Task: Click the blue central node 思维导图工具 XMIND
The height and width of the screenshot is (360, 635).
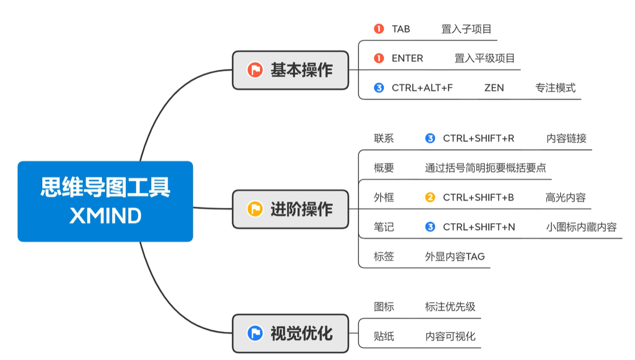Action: point(105,201)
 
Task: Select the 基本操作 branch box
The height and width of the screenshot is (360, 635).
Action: point(290,70)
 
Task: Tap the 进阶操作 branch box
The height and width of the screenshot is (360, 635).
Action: point(290,209)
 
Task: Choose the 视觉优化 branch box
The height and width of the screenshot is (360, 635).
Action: point(290,334)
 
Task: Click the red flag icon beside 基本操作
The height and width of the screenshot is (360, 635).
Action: point(255,70)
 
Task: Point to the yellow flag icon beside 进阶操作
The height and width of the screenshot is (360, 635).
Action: point(255,209)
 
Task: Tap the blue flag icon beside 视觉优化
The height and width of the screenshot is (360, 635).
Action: point(255,334)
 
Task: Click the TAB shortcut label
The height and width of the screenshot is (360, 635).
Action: point(401,29)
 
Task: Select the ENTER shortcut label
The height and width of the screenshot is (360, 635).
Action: point(407,59)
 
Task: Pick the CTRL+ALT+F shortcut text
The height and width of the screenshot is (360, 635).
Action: point(422,88)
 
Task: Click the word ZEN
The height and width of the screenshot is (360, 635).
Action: point(494,88)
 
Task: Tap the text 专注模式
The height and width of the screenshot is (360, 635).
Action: point(555,88)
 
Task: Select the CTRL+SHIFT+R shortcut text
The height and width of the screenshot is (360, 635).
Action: point(478,139)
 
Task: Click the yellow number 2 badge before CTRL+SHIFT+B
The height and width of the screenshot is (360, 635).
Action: point(430,198)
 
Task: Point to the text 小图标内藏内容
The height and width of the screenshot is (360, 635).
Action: point(581,227)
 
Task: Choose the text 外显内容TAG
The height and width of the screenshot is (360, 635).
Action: point(455,257)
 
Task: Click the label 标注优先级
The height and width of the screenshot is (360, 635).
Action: point(450,307)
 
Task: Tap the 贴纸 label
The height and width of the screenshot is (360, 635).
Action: point(384,336)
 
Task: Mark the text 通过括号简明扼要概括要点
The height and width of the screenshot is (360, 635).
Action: point(485,168)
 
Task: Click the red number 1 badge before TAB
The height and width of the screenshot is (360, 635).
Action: point(379,29)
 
